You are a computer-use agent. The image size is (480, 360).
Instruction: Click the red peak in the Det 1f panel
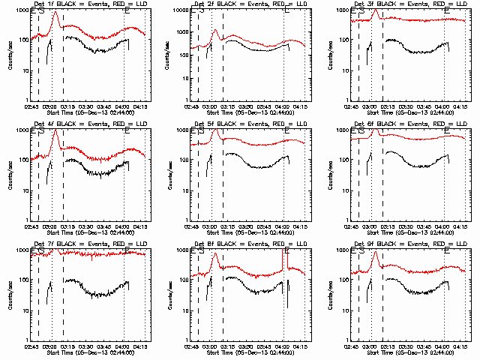[x=55, y=12]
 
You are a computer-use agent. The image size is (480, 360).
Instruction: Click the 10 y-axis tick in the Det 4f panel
[x=27, y=190]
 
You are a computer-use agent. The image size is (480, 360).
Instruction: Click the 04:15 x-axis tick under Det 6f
[x=460, y=227]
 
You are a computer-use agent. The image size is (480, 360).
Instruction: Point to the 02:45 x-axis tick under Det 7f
[x=31, y=347]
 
